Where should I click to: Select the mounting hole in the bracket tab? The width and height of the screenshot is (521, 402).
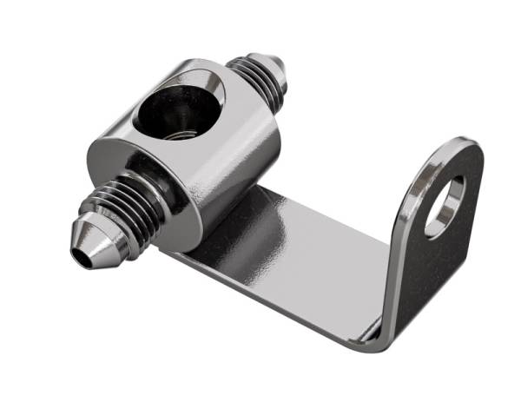tap(445, 208)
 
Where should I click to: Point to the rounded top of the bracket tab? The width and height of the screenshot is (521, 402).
tap(465, 148)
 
